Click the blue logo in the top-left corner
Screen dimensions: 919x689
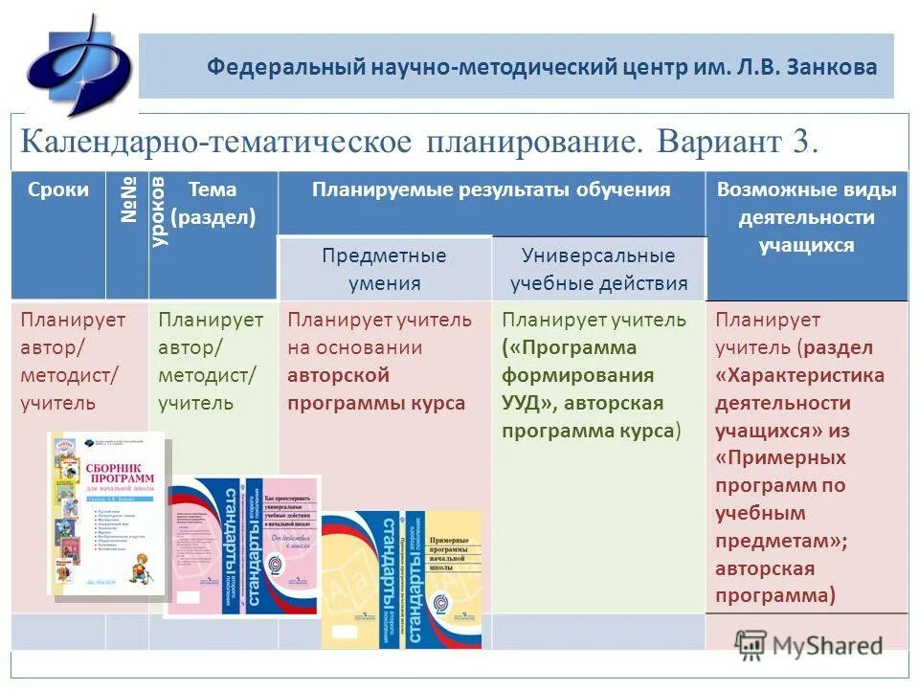pyautogui.click(x=78, y=64)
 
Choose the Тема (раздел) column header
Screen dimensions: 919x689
pyautogui.click(x=213, y=203)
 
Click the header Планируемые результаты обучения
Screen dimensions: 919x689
pyautogui.click(x=491, y=189)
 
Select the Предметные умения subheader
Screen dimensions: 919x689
pyautogui.click(x=384, y=269)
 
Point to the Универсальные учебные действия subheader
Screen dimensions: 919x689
pyautogui.click(x=598, y=269)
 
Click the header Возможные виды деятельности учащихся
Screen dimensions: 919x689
pyautogui.click(x=806, y=217)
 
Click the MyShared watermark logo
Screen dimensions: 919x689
pyautogui.click(x=808, y=644)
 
